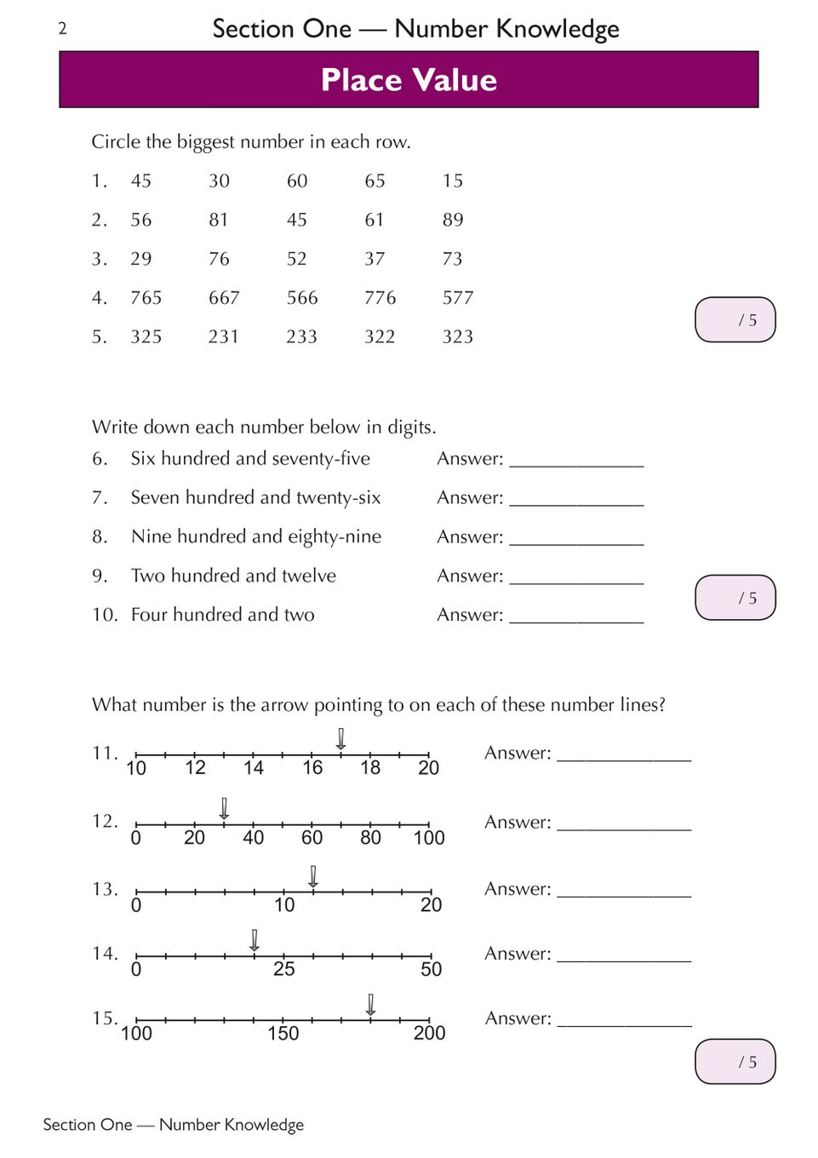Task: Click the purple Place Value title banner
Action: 409,79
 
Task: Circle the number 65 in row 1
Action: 375,181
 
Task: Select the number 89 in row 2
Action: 453,220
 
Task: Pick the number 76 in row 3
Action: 219,259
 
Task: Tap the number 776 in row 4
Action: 380,298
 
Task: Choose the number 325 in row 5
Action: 146,337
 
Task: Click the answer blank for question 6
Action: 576,460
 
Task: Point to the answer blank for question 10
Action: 576,616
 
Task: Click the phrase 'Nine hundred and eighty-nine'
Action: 256,536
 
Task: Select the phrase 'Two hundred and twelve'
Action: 233,576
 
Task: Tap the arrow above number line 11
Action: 341,738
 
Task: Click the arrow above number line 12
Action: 224,808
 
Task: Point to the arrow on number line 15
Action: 370,1004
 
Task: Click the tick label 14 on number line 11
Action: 254,768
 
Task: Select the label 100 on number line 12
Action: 429,838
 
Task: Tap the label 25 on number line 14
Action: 283,969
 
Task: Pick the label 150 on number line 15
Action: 283,1034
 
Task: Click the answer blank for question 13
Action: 624,890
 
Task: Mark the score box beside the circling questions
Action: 735,320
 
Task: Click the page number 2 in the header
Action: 62,29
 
